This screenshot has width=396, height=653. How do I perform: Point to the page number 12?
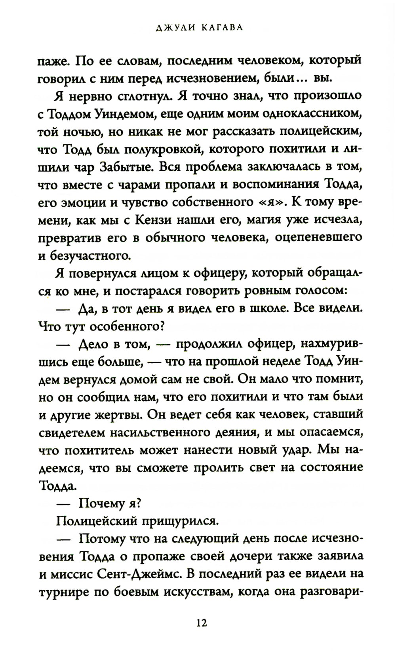[201, 623]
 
